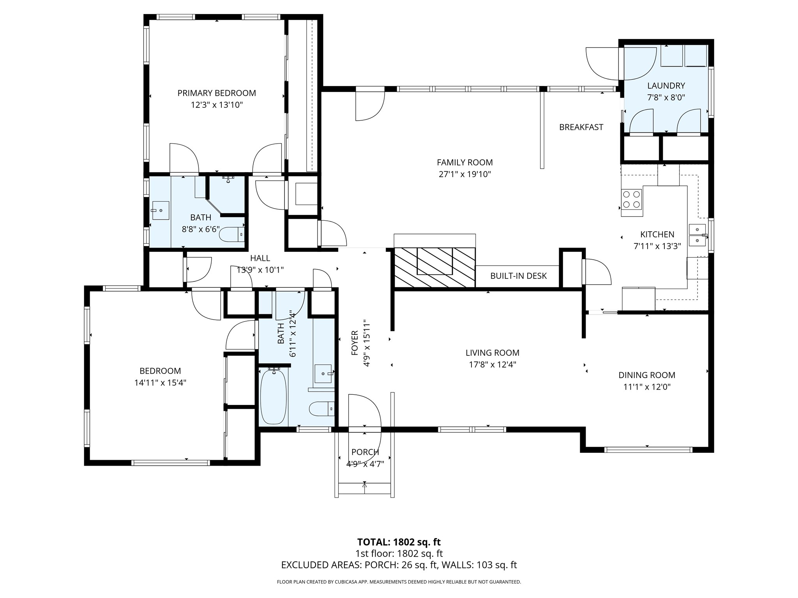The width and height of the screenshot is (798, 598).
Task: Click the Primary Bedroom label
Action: pyautogui.click(x=217, y=93)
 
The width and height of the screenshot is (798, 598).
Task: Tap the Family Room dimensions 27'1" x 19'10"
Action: pyautogui.click(x=464, y=174)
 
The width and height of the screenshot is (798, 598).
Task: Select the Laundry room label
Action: pyautogui.click(x=666, y=86)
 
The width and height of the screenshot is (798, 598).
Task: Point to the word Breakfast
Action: pyautogui.click(x=581, y=127)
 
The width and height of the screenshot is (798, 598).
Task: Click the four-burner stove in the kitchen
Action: pyautogui.click(x=631, y=199)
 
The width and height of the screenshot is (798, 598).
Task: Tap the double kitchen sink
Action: pyautogui.click(x=698, y=235)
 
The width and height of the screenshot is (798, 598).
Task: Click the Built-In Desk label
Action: pyautogui.click(x=518, y=276)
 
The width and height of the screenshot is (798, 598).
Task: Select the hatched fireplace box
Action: pyautogui.click(x=434, y=267)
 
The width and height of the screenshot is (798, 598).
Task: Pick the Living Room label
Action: pyautogui.click(x=493, y=353)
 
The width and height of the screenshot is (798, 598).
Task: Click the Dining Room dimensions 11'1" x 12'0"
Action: pyautogui.click(x=647, y=387)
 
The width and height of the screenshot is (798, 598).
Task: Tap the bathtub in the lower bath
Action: pyautogui.click(x=274, y=397)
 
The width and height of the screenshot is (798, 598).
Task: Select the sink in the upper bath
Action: pyautogui.click(x=160, y=211)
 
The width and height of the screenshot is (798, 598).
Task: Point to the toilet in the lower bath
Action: pyautogui.click(x=322, y=409)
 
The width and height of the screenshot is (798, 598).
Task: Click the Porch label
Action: pyautogui.click(x=365, y=452)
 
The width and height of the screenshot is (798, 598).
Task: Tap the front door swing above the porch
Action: pyautogui.click(x=364, y=411)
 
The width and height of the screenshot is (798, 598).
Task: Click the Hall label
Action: pyautogui.click(x=260, y=258)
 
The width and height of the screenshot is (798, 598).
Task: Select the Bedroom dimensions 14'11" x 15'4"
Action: pyautogui.click(x=160, y=383)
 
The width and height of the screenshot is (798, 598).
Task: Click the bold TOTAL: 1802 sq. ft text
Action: pyautogui.click(x=399, y=542)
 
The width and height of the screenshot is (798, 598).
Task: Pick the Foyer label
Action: pyautogui.click(x=355, y=343)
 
